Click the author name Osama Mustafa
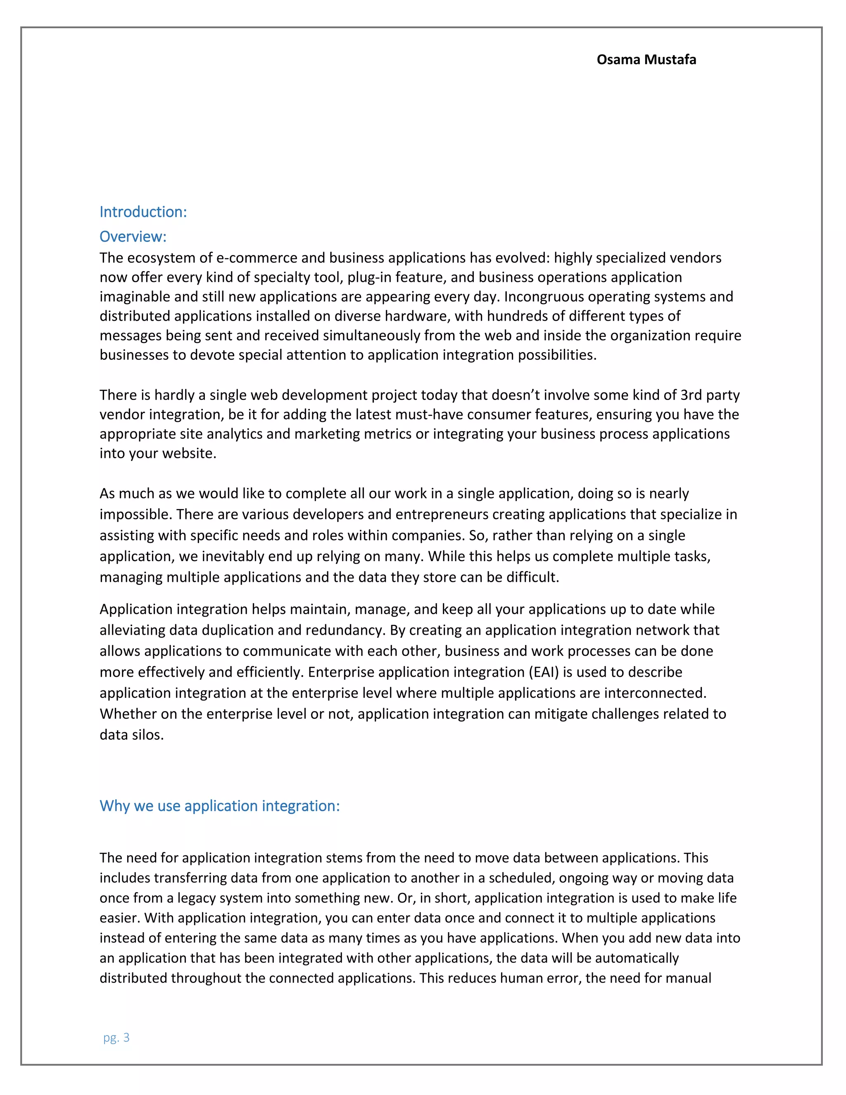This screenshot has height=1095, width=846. [x=646, y=60]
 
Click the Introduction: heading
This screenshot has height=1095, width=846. [x=143, y=212]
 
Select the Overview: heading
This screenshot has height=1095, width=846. [x=133, y=237]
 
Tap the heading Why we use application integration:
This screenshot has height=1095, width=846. [x=219, y=806]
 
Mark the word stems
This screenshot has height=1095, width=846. [x=344, y=858]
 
